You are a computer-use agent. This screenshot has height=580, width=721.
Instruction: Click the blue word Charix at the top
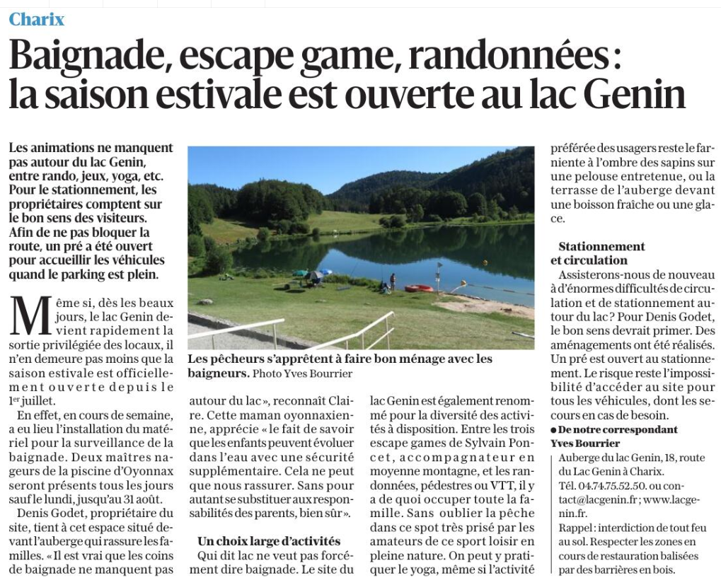36,19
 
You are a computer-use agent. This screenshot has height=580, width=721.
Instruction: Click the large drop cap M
32,316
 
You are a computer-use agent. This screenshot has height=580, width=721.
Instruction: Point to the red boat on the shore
419,288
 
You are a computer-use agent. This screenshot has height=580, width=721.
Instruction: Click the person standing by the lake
393,282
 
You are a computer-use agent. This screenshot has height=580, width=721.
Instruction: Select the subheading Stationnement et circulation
601,253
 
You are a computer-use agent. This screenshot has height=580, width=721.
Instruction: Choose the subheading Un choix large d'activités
268,541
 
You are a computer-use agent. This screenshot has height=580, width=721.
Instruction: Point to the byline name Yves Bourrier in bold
585,443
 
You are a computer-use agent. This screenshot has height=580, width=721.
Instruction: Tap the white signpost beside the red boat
439,277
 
